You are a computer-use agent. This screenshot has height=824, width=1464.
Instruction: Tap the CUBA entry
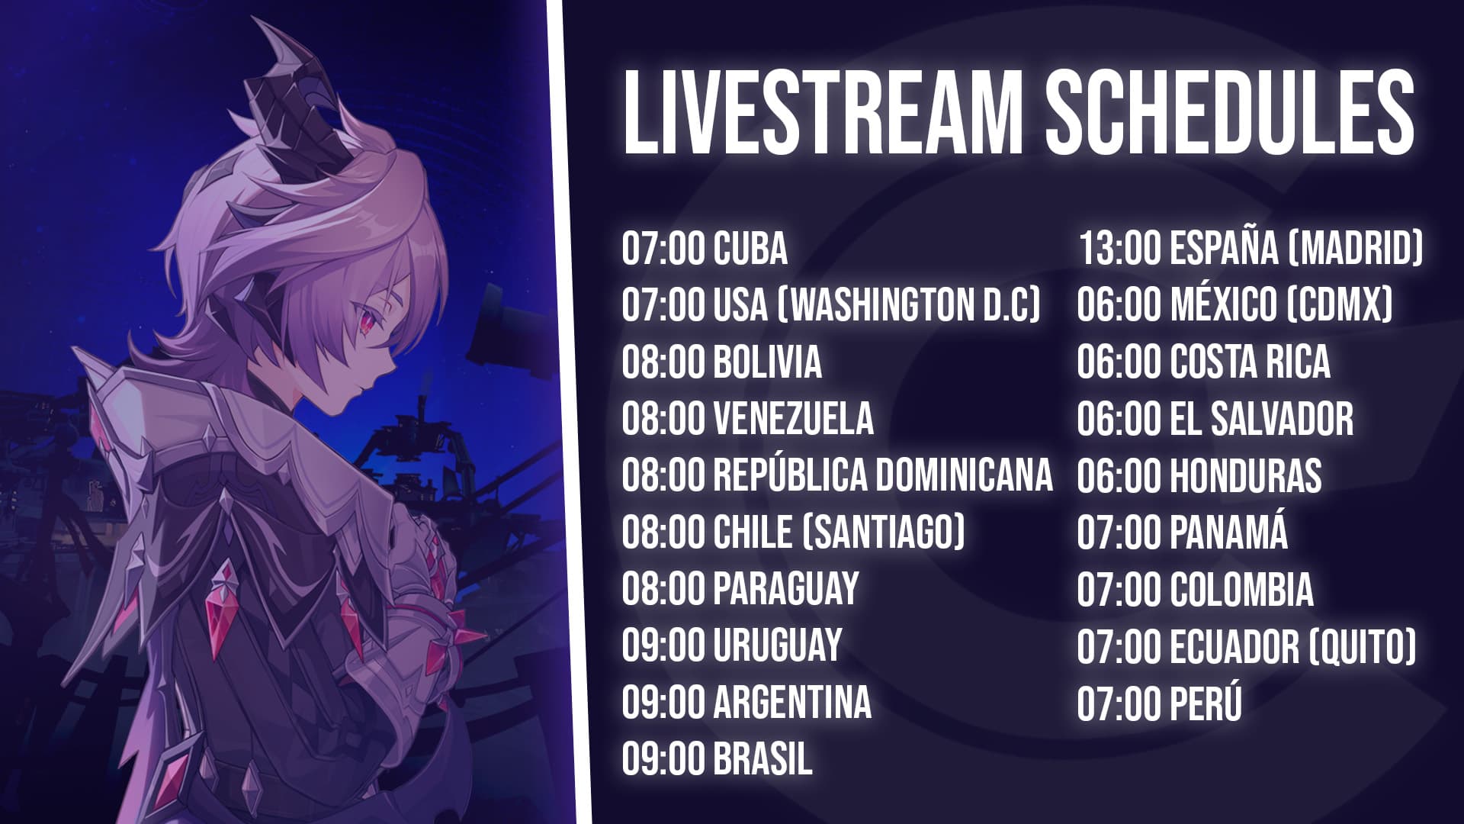[750, 249]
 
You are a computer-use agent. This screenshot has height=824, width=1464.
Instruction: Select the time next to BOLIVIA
[663, 362]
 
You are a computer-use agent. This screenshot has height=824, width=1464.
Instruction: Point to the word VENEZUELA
[793, 418]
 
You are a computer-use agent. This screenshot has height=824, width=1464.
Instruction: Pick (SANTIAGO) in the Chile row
[884, 532]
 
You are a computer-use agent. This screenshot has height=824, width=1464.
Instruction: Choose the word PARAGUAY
[786, 588]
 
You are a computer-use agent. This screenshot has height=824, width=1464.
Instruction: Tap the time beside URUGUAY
[663, 645]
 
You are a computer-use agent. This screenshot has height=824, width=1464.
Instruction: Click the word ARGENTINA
[791, 701]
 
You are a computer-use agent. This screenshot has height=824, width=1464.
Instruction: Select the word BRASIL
[762, 758]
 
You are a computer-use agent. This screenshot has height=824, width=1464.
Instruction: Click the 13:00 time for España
[1119, 249]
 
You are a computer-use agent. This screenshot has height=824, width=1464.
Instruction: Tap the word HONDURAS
[1245, 475]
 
